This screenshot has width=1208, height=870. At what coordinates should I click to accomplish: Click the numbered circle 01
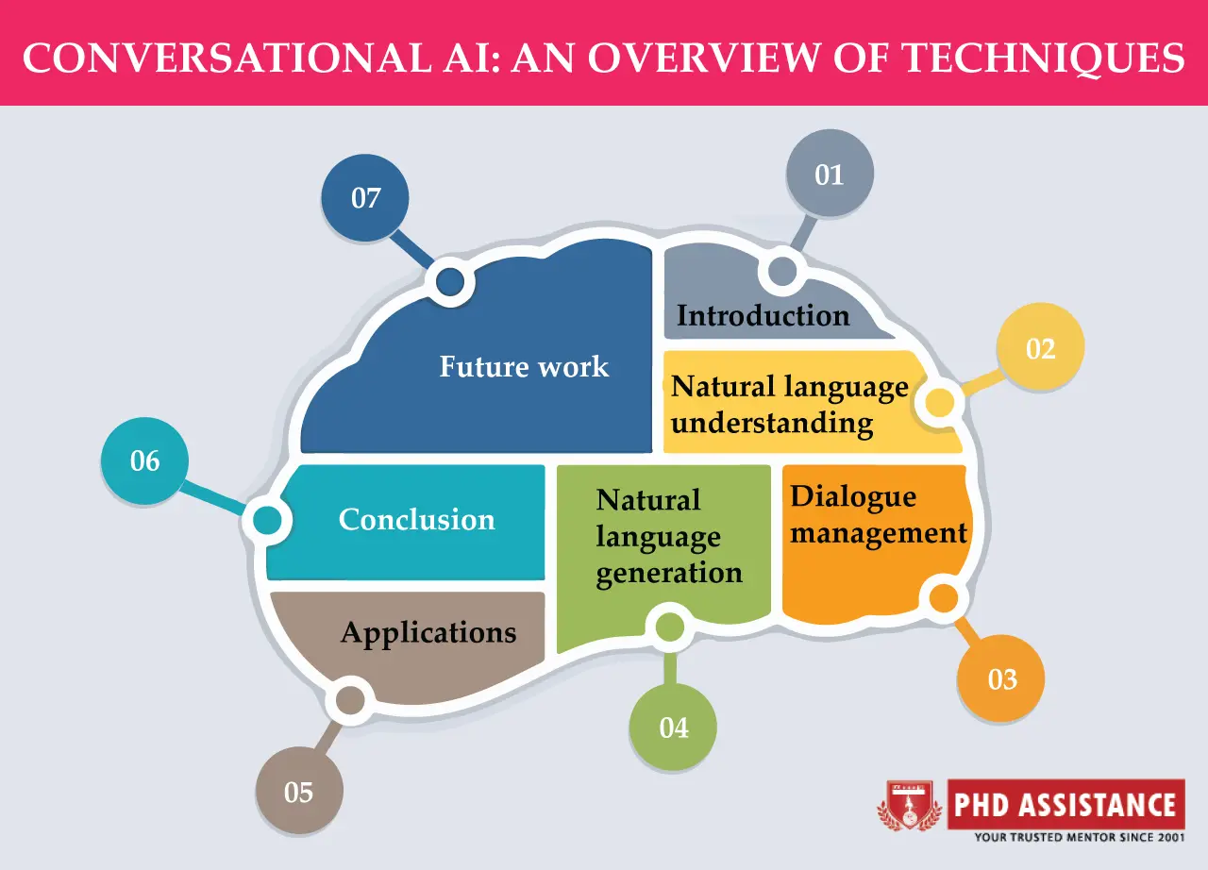[830, 175]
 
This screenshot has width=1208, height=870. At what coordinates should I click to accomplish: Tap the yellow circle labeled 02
[1040, 348]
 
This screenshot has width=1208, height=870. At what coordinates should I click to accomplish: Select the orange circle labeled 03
[1001, 678]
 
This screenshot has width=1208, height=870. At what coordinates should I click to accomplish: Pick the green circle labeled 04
[673, 728]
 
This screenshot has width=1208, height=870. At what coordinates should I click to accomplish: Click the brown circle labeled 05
[299, 791]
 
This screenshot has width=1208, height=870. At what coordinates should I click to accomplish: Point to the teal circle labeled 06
[144, 461]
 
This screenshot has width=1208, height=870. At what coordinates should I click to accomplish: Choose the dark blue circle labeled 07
[365, 198]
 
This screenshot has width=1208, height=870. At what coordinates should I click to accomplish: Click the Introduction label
[763, 315]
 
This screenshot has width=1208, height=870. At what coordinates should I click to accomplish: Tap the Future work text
[524, 366]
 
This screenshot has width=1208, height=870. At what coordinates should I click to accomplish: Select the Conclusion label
[416, 519]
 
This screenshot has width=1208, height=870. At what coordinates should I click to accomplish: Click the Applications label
[428, 632]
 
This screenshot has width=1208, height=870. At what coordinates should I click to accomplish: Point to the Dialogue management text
[879, 515]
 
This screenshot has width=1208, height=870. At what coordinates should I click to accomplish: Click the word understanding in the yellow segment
[772, 423]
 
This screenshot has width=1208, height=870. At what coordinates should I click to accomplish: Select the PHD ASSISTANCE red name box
[1065, 805]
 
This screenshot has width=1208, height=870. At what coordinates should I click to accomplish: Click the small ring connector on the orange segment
[943, 597]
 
